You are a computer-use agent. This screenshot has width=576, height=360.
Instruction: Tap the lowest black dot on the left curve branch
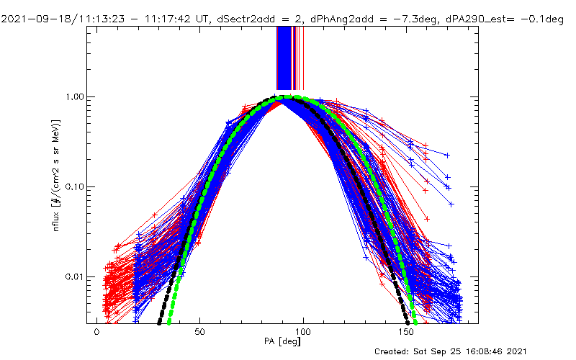click(x=158, y=321)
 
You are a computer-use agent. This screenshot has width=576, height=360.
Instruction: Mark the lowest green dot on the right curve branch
click(x=415, y=321)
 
